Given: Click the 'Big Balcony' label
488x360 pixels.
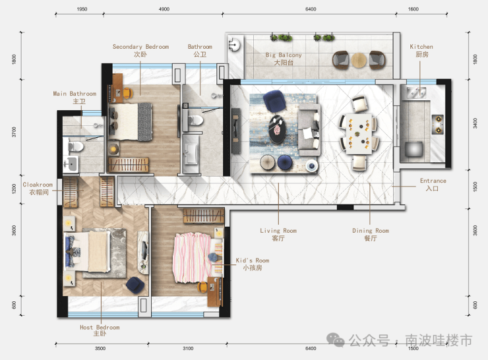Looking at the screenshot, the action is [x=284, y=55].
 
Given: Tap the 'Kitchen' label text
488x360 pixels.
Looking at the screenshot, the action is [x=421, y=47].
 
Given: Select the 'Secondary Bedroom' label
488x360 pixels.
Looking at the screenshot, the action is [x=140, y=47].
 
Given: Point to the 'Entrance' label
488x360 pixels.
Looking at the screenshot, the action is [x=433, y=181].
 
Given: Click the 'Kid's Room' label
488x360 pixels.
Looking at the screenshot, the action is [x=253, y=260].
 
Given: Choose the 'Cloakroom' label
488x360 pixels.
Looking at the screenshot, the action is [x=38, y=185].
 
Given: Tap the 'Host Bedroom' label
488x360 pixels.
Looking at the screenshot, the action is [x=100, y=327].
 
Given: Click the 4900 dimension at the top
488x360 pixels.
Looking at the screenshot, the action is [x=164, y=9].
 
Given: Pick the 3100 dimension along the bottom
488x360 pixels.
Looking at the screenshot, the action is [x=188, y=349].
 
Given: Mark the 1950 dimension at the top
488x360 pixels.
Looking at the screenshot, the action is [x=82, y=9].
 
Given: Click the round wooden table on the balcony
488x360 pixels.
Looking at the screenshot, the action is [x=359, y=61].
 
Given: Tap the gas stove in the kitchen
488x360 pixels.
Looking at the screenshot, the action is [x=437, y=125].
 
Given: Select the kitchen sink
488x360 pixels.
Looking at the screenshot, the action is [x=416, y=92].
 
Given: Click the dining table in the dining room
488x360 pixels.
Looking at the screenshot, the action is [x=359, y=134].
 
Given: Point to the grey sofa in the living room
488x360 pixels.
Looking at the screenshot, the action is [x=309, y=130].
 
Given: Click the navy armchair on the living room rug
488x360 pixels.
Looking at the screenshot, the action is [x=274, y=100].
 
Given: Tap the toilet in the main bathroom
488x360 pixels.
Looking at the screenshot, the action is [x=75, y=146].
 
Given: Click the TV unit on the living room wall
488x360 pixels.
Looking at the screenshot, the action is [x=235, y=131].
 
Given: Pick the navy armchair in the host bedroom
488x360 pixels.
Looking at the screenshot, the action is [x=135, y=285].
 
